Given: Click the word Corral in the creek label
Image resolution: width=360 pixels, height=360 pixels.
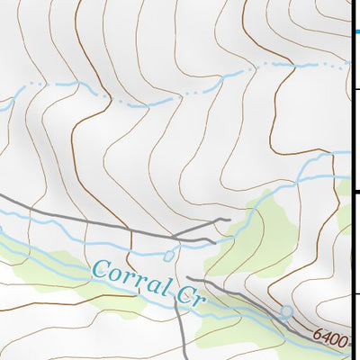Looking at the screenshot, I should click(131, 275).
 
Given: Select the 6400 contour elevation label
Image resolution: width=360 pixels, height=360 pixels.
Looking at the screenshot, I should click(331, 336).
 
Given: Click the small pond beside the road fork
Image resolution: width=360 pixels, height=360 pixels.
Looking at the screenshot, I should click(168, 256).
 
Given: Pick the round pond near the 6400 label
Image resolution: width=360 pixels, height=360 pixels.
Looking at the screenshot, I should click(286, 312).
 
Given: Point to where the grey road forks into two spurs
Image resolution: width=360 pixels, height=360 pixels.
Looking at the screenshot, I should click(173, 237).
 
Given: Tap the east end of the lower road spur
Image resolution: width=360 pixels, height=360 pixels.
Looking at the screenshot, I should click(214, 240).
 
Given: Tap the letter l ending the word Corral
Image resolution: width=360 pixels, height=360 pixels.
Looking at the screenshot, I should click(167, 285).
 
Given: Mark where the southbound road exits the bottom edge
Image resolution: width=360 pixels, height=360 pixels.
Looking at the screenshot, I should click(184, 357).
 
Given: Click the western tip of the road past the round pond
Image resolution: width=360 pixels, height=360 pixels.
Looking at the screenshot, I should click(186, 278).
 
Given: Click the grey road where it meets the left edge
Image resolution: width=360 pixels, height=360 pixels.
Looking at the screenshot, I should click(2, 193).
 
